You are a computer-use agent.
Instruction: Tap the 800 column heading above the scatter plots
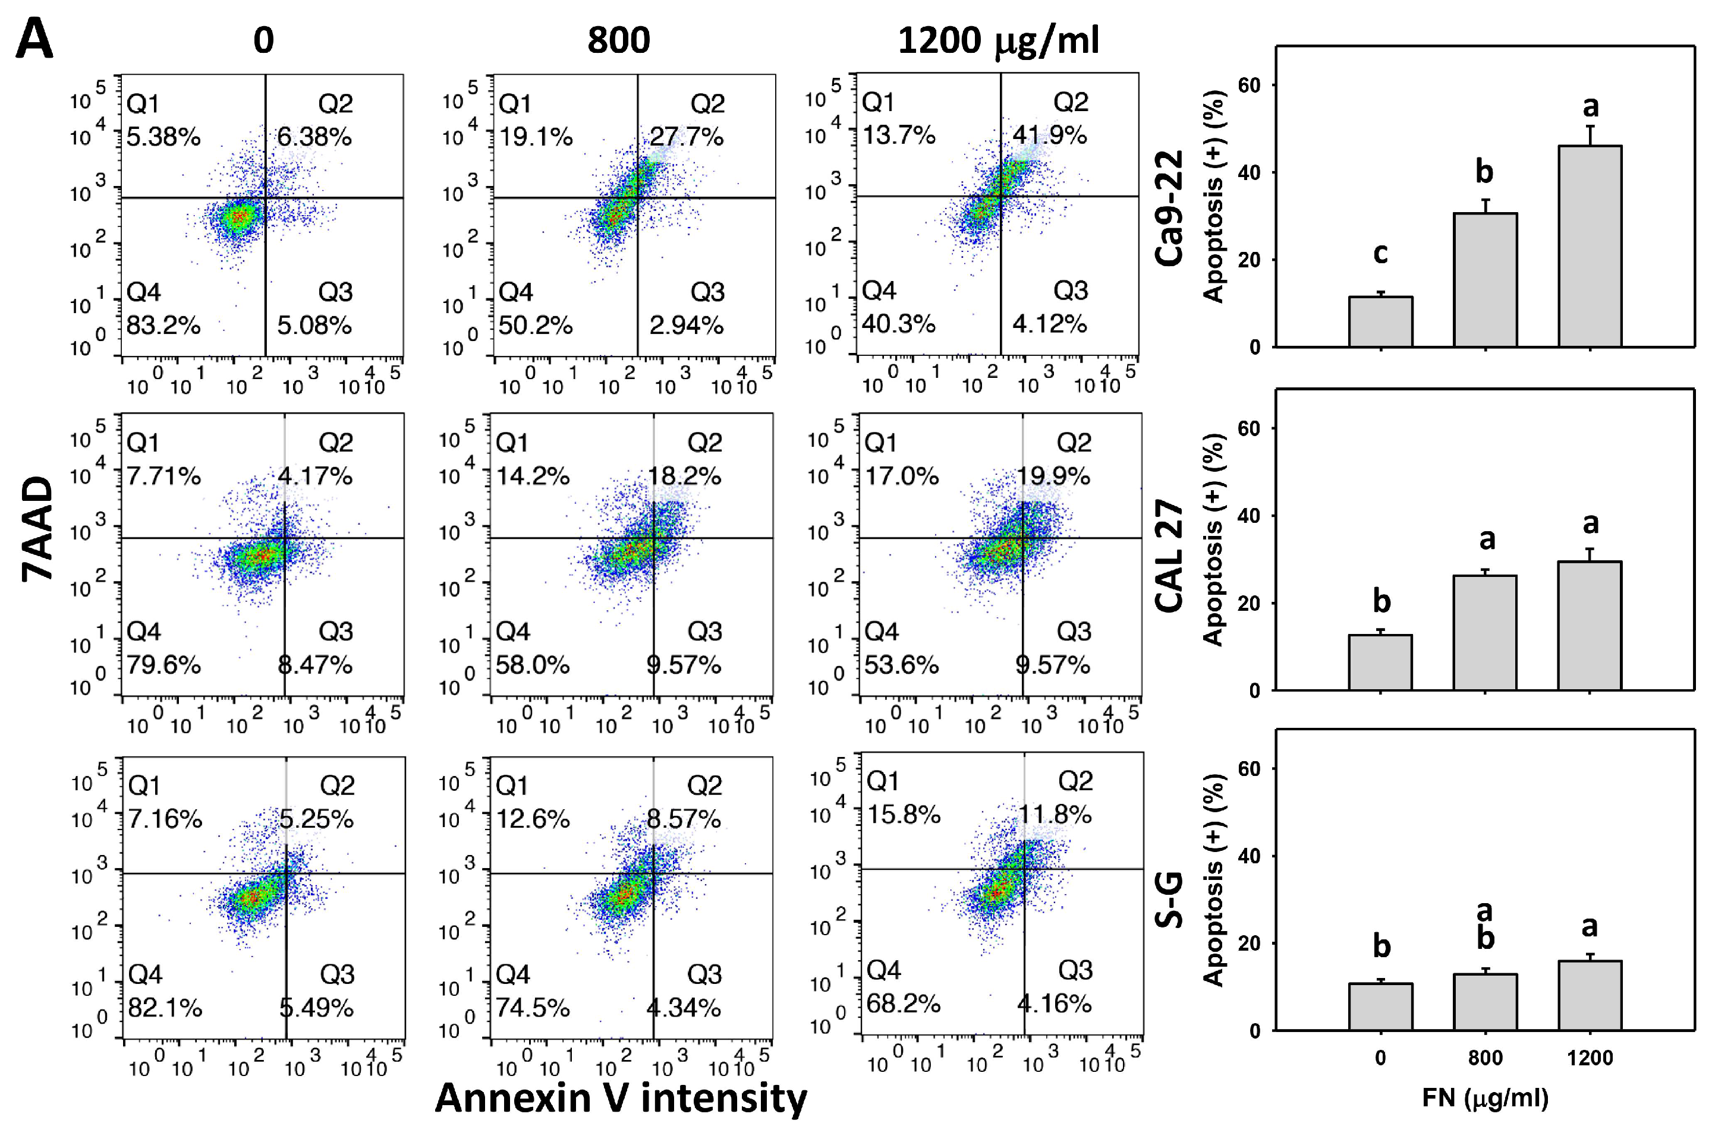tap(618, 40)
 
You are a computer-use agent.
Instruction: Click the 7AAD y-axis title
tap(38, 529)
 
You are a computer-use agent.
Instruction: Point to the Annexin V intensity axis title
tap(621, 1097)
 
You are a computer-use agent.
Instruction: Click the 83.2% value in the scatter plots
tap(163, 324)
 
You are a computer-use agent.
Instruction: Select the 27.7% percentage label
tap(686, 137)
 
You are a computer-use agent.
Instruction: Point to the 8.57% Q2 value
tap(683, 819)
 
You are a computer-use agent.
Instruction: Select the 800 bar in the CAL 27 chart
tap(1484, 632)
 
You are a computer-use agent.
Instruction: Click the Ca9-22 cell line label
tap(1169, 209)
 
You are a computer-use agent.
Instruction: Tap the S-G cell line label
tap(1169, 901)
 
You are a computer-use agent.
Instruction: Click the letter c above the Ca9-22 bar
tap(1380, 254)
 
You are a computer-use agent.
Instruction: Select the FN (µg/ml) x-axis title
tap(1484, 1097)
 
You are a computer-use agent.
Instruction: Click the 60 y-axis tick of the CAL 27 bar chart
tap(1248, 428)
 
